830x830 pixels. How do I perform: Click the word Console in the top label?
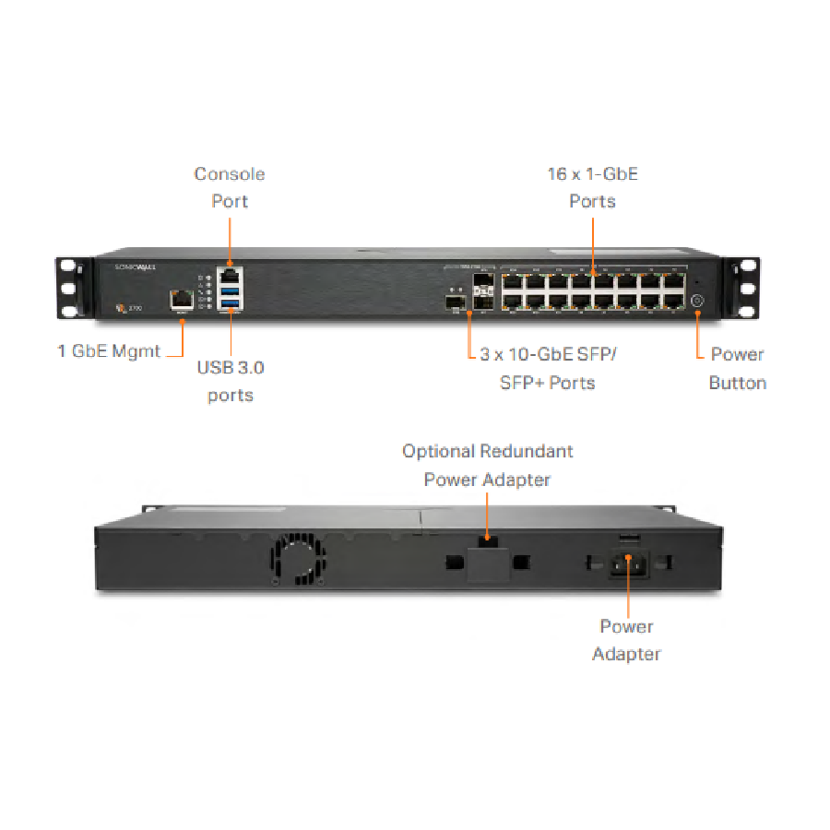230,173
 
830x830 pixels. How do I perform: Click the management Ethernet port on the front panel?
180,299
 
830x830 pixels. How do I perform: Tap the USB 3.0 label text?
231,367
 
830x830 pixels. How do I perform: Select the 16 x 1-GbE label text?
592,173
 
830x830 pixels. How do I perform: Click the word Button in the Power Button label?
737,382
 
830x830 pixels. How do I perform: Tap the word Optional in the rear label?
439,451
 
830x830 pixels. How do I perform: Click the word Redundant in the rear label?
527,451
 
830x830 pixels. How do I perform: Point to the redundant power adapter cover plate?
487,563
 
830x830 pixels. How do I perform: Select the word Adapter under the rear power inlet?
626,654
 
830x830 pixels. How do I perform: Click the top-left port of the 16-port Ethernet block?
512,279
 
